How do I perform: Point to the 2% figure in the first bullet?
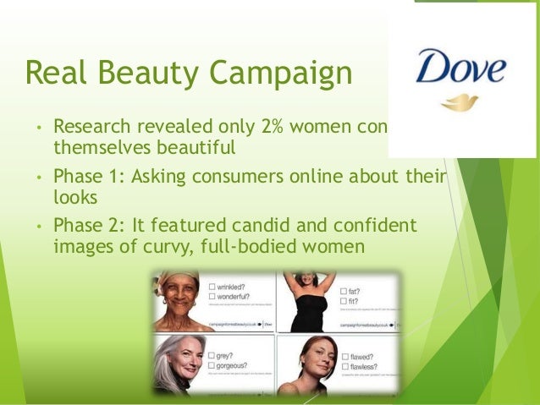[259, 127]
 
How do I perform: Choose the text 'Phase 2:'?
[84, 226]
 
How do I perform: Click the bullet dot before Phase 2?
[38, 227]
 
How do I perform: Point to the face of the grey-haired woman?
[184, 358]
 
